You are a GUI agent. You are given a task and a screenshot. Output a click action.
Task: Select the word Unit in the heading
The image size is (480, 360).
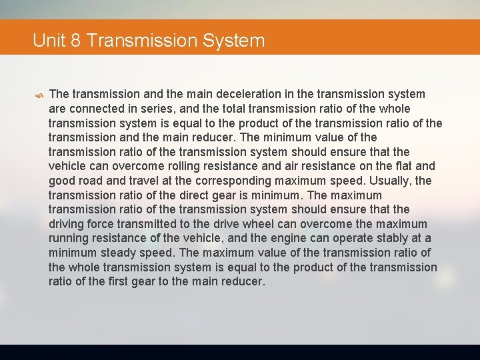tap(48, 41)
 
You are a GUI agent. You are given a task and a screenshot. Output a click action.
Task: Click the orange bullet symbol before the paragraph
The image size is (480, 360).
tap(40, 95)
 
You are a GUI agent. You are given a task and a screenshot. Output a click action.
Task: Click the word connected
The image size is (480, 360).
tap(95, 109)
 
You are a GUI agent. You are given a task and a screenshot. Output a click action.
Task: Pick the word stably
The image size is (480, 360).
tap(394, 239)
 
